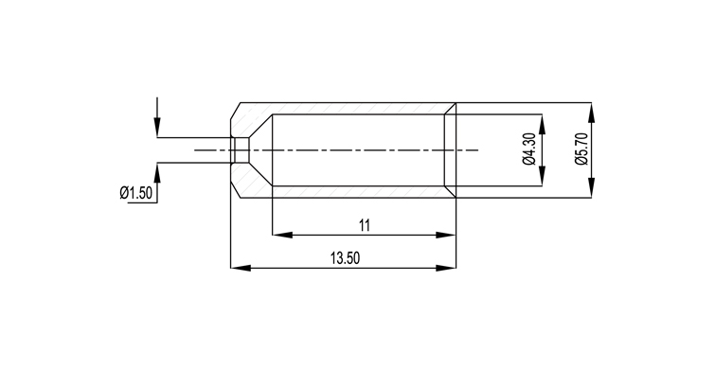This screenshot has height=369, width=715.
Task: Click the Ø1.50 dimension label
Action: coord(135,193)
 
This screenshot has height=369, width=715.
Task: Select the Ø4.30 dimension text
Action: coord(529,149)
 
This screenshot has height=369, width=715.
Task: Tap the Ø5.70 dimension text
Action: coord(581,149)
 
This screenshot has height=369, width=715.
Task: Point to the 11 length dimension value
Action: coord(365,225)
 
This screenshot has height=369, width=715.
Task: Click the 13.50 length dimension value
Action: coord(345,258)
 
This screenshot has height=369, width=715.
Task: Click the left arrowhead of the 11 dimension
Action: coord(282,235)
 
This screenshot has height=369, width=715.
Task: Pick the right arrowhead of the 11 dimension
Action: coord(446,235)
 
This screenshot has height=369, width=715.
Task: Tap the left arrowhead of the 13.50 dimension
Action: coord(241,269)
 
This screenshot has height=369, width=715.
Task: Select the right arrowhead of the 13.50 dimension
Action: coord(446,269)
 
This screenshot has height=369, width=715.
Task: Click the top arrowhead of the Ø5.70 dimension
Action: coord(592,113)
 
